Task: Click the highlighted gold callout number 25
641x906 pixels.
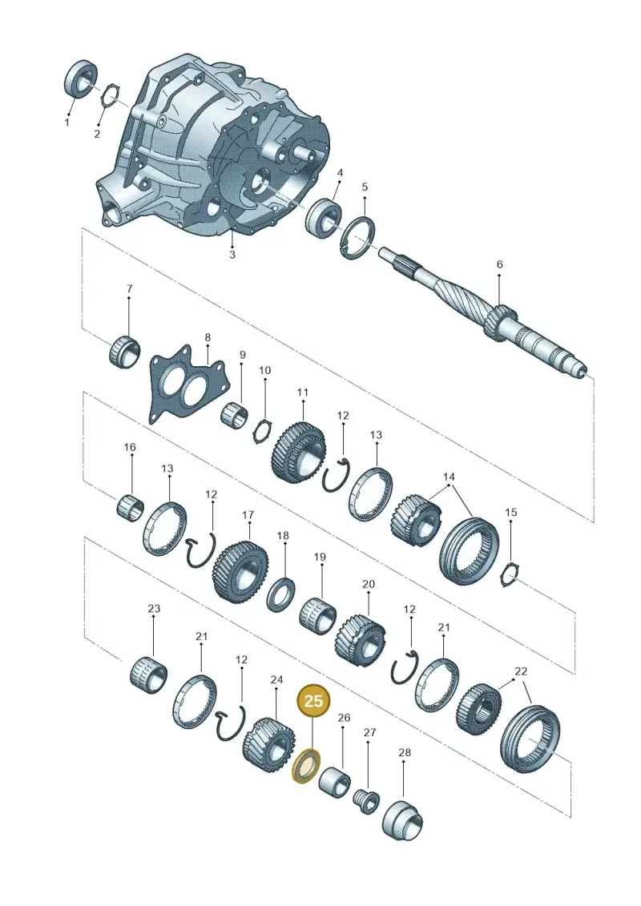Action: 313,701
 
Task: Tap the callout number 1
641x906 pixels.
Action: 67,123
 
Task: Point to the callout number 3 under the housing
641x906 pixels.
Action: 232,254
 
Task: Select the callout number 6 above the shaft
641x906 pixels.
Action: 499,264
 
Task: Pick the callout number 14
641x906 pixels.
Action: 450,477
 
